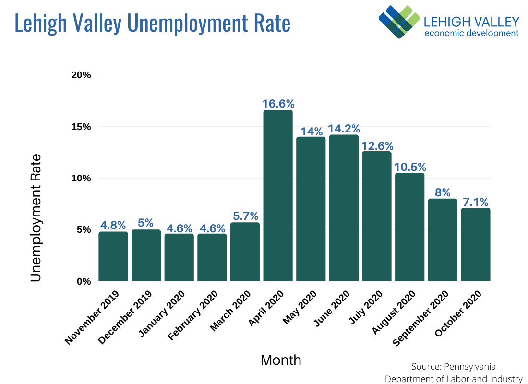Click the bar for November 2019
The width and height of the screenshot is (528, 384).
[x=113, y=256]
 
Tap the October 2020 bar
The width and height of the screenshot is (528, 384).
[x=475, y=244]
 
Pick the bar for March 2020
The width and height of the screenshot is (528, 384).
[x=245, y=252]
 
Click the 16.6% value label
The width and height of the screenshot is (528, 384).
[x=278, y=104]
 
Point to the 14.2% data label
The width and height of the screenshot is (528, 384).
[x=344, y=129]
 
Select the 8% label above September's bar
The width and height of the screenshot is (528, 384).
[x=443, y=192]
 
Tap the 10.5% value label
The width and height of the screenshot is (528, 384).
[x=410, y=167]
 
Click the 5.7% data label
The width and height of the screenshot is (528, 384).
[x=245, y=216]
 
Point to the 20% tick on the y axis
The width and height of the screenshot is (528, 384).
[x=81, y=75]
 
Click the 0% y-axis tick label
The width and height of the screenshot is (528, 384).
[x=84, y=281]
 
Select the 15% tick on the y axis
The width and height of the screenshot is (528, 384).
[x=81, y=127]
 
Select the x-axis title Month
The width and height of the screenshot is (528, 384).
[x=281, y=360]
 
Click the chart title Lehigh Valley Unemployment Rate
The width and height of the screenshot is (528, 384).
[x=152, y=23]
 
